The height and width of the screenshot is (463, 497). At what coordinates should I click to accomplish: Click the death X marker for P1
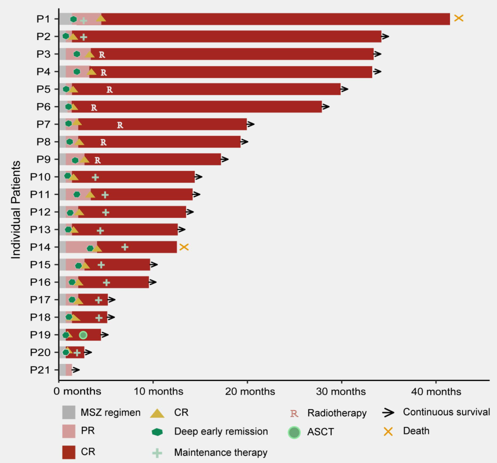point(458,18)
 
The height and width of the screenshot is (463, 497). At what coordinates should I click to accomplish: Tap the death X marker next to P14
point(184,247)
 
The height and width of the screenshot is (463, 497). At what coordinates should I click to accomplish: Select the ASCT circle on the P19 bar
point(83,335)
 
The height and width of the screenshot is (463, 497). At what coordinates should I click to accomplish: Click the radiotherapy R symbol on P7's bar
point(120,124)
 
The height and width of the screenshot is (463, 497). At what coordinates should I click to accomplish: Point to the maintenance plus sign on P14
point(124,247)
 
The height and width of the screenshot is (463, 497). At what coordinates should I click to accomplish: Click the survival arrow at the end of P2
point(385,36)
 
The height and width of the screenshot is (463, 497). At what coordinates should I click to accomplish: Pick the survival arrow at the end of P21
point(76,369)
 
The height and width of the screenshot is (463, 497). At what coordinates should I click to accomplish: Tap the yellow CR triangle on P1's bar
point(101,18)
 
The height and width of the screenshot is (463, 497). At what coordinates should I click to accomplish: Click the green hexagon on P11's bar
point(77,194)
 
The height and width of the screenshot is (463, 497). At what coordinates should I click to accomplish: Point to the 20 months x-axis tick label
point(250,392)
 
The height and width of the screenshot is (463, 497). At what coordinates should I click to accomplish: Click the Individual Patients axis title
point(16,210)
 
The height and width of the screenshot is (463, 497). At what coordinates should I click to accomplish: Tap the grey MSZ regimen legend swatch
point(69,412)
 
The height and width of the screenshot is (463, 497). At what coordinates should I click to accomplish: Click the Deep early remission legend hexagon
point(157,432)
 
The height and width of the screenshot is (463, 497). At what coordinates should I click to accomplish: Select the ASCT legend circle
point(294,433)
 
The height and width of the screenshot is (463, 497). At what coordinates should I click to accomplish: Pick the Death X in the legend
point(388,431)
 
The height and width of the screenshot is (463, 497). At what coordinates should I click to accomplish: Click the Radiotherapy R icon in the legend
point(294,413)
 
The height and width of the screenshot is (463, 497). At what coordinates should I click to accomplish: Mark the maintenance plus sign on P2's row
point(83,37)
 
